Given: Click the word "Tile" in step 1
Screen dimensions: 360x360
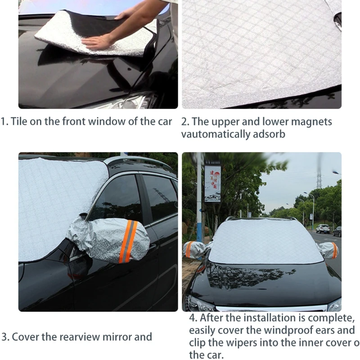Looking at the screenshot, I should click(x=19, y=121).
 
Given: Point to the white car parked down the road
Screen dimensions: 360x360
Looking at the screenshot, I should click(x=323, y=229).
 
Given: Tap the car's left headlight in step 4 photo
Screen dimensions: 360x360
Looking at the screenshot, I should click(x=200, y=304).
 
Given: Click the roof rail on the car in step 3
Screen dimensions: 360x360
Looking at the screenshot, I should click(x=135, y=160).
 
